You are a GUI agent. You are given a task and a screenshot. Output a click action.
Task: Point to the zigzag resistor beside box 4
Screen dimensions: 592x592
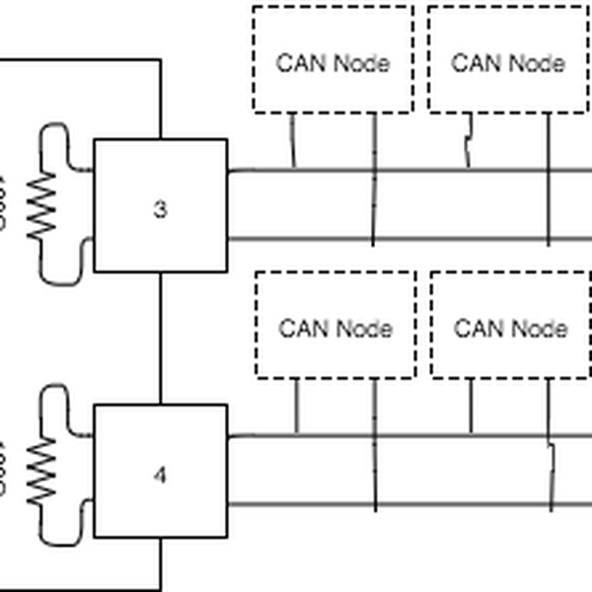(41, 471)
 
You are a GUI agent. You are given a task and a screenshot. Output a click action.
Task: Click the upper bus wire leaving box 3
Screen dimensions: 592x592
(414, 170)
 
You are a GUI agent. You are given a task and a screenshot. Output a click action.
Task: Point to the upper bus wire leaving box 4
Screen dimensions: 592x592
(414, 434)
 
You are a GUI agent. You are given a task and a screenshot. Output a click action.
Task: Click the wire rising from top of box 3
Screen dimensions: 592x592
(160, 99)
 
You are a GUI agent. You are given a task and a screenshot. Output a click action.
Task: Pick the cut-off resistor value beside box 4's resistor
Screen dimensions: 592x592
(3, 471)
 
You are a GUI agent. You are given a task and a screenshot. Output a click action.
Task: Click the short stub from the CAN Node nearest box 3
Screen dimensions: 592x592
(293, 140)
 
